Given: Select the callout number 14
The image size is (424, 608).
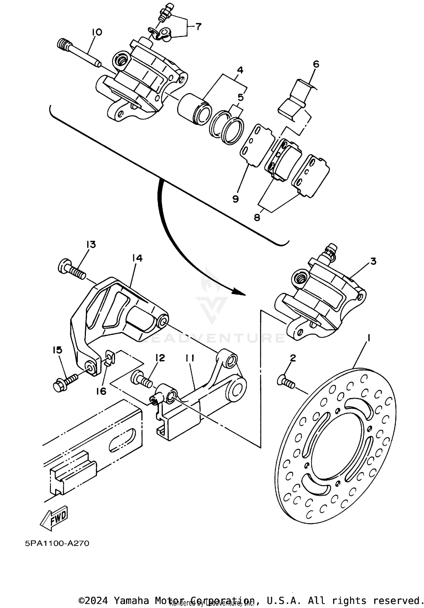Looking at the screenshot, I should click(x=137, y=258).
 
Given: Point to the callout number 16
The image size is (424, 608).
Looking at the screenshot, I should click(x=101, y=391).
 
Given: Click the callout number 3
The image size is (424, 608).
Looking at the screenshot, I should click(x=373, y=261).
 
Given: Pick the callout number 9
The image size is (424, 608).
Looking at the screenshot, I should click(x=235, y=199).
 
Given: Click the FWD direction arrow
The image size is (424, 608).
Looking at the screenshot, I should click(x=54, y=519).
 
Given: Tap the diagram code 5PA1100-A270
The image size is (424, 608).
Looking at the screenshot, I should click(x=57, y=543).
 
